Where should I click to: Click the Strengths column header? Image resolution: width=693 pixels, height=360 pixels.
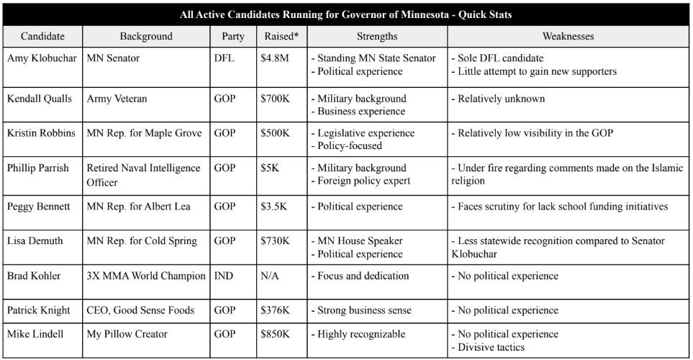click(x=375, y=35)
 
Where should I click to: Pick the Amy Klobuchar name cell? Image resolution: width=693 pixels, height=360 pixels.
click(x=42, y=57)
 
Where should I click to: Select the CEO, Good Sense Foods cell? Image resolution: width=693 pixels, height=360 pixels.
click(x=139, y=310)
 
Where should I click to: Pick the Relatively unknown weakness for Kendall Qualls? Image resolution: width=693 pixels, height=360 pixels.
click(x=497, y=98)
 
